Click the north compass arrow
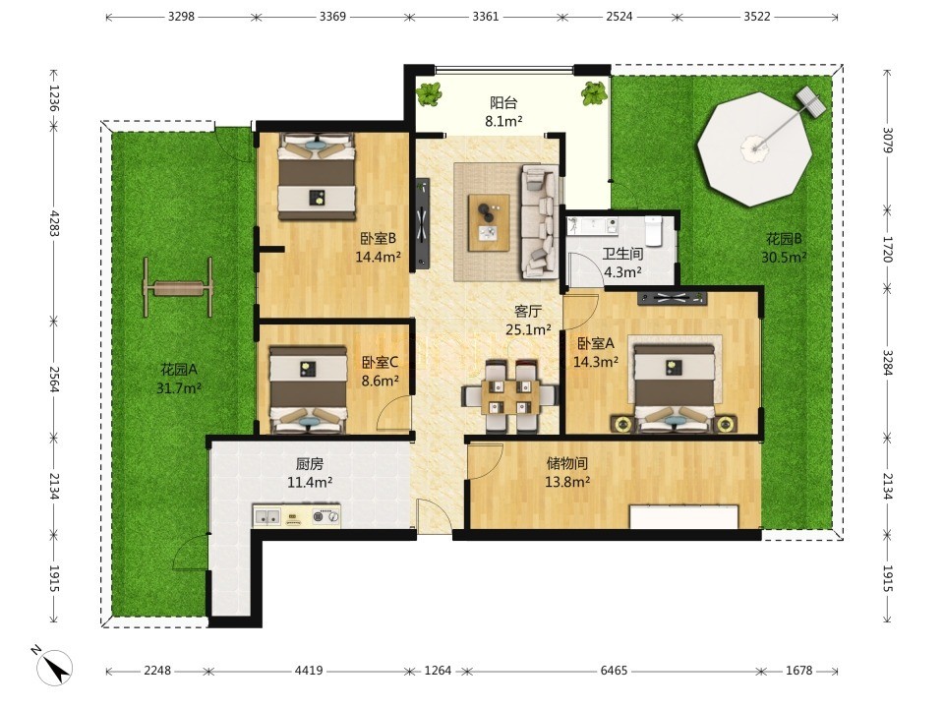click(55, 666)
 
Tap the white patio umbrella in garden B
click(754, 148)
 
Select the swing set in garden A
click(178, 288)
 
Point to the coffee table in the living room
click(489, 222)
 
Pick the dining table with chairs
click(510, 395)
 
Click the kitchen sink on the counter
click(266, 516)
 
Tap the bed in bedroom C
click(308, 389)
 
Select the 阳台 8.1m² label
click(503, 112)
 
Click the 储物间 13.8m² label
click(566, 473)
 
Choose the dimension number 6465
click(614, 671)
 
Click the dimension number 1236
click(53, 98)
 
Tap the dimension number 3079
click(887, 140)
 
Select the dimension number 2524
click(619, 17)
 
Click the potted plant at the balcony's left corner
click(429, 94)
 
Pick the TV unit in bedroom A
click(672, 297)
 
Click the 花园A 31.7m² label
click(179, 378)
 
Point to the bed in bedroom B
click(316, 176)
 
